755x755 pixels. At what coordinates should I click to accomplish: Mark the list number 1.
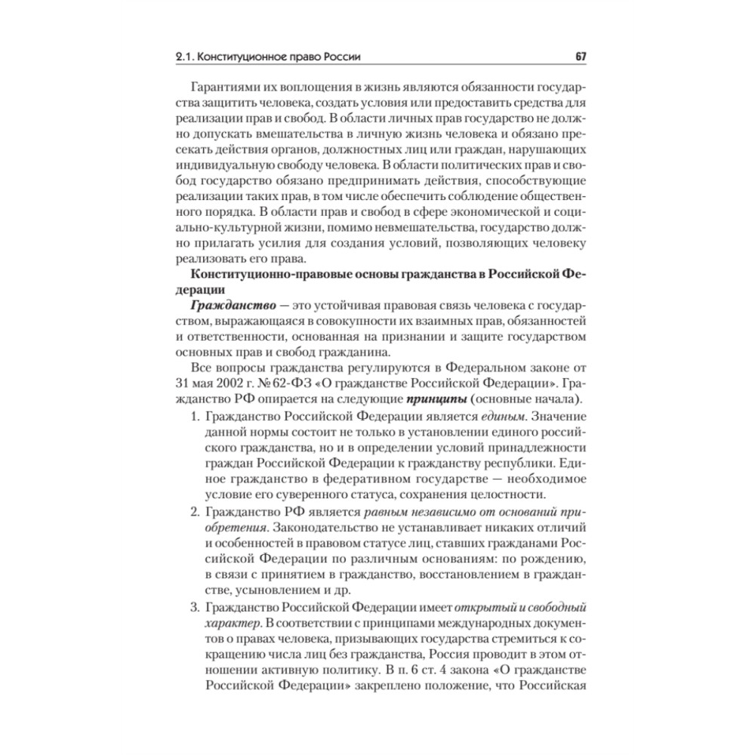pos(193,417)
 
